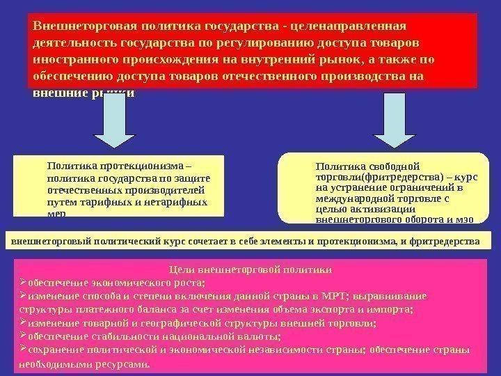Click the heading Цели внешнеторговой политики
[x=250, y=269]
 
